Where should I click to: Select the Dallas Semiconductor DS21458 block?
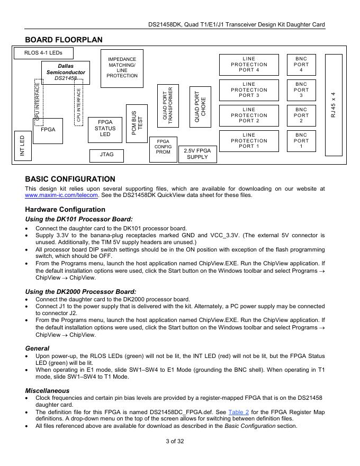tap(66, 72)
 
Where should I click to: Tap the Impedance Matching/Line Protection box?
tap(122, 67)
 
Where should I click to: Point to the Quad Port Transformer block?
tap(168, 106)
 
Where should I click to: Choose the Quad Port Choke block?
tap(200, 106)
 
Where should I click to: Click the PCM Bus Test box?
tap(137, 123)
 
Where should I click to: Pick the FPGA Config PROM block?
tap(163, 147)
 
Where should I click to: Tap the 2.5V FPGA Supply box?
tap(197, 154)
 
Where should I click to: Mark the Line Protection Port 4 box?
tap(249, 65)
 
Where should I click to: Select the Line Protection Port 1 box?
tap(249, 141)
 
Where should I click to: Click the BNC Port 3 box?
tap(301, 90)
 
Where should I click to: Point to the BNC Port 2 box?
tap(301, 115)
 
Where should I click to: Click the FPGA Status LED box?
tap(105, 129)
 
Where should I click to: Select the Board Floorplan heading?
tap(64, 40)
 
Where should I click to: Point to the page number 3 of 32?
tap(180, 442)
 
